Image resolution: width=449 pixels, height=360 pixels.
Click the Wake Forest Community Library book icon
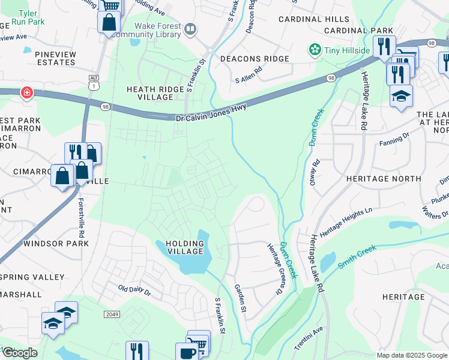coord(190,28)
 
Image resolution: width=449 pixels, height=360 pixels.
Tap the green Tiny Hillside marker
coord(314,50)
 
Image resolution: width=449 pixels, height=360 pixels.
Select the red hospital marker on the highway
coord(26,92)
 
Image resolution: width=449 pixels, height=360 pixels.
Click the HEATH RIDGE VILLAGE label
coord(151,93)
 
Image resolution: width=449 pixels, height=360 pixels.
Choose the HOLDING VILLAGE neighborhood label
coord(180,247)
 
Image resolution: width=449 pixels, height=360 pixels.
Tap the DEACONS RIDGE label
coord(254,59)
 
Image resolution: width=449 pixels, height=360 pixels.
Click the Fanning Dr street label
coord(393,143)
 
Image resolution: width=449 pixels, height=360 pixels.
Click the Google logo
coord(20,352)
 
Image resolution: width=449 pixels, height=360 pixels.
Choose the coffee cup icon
coord(185,352)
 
